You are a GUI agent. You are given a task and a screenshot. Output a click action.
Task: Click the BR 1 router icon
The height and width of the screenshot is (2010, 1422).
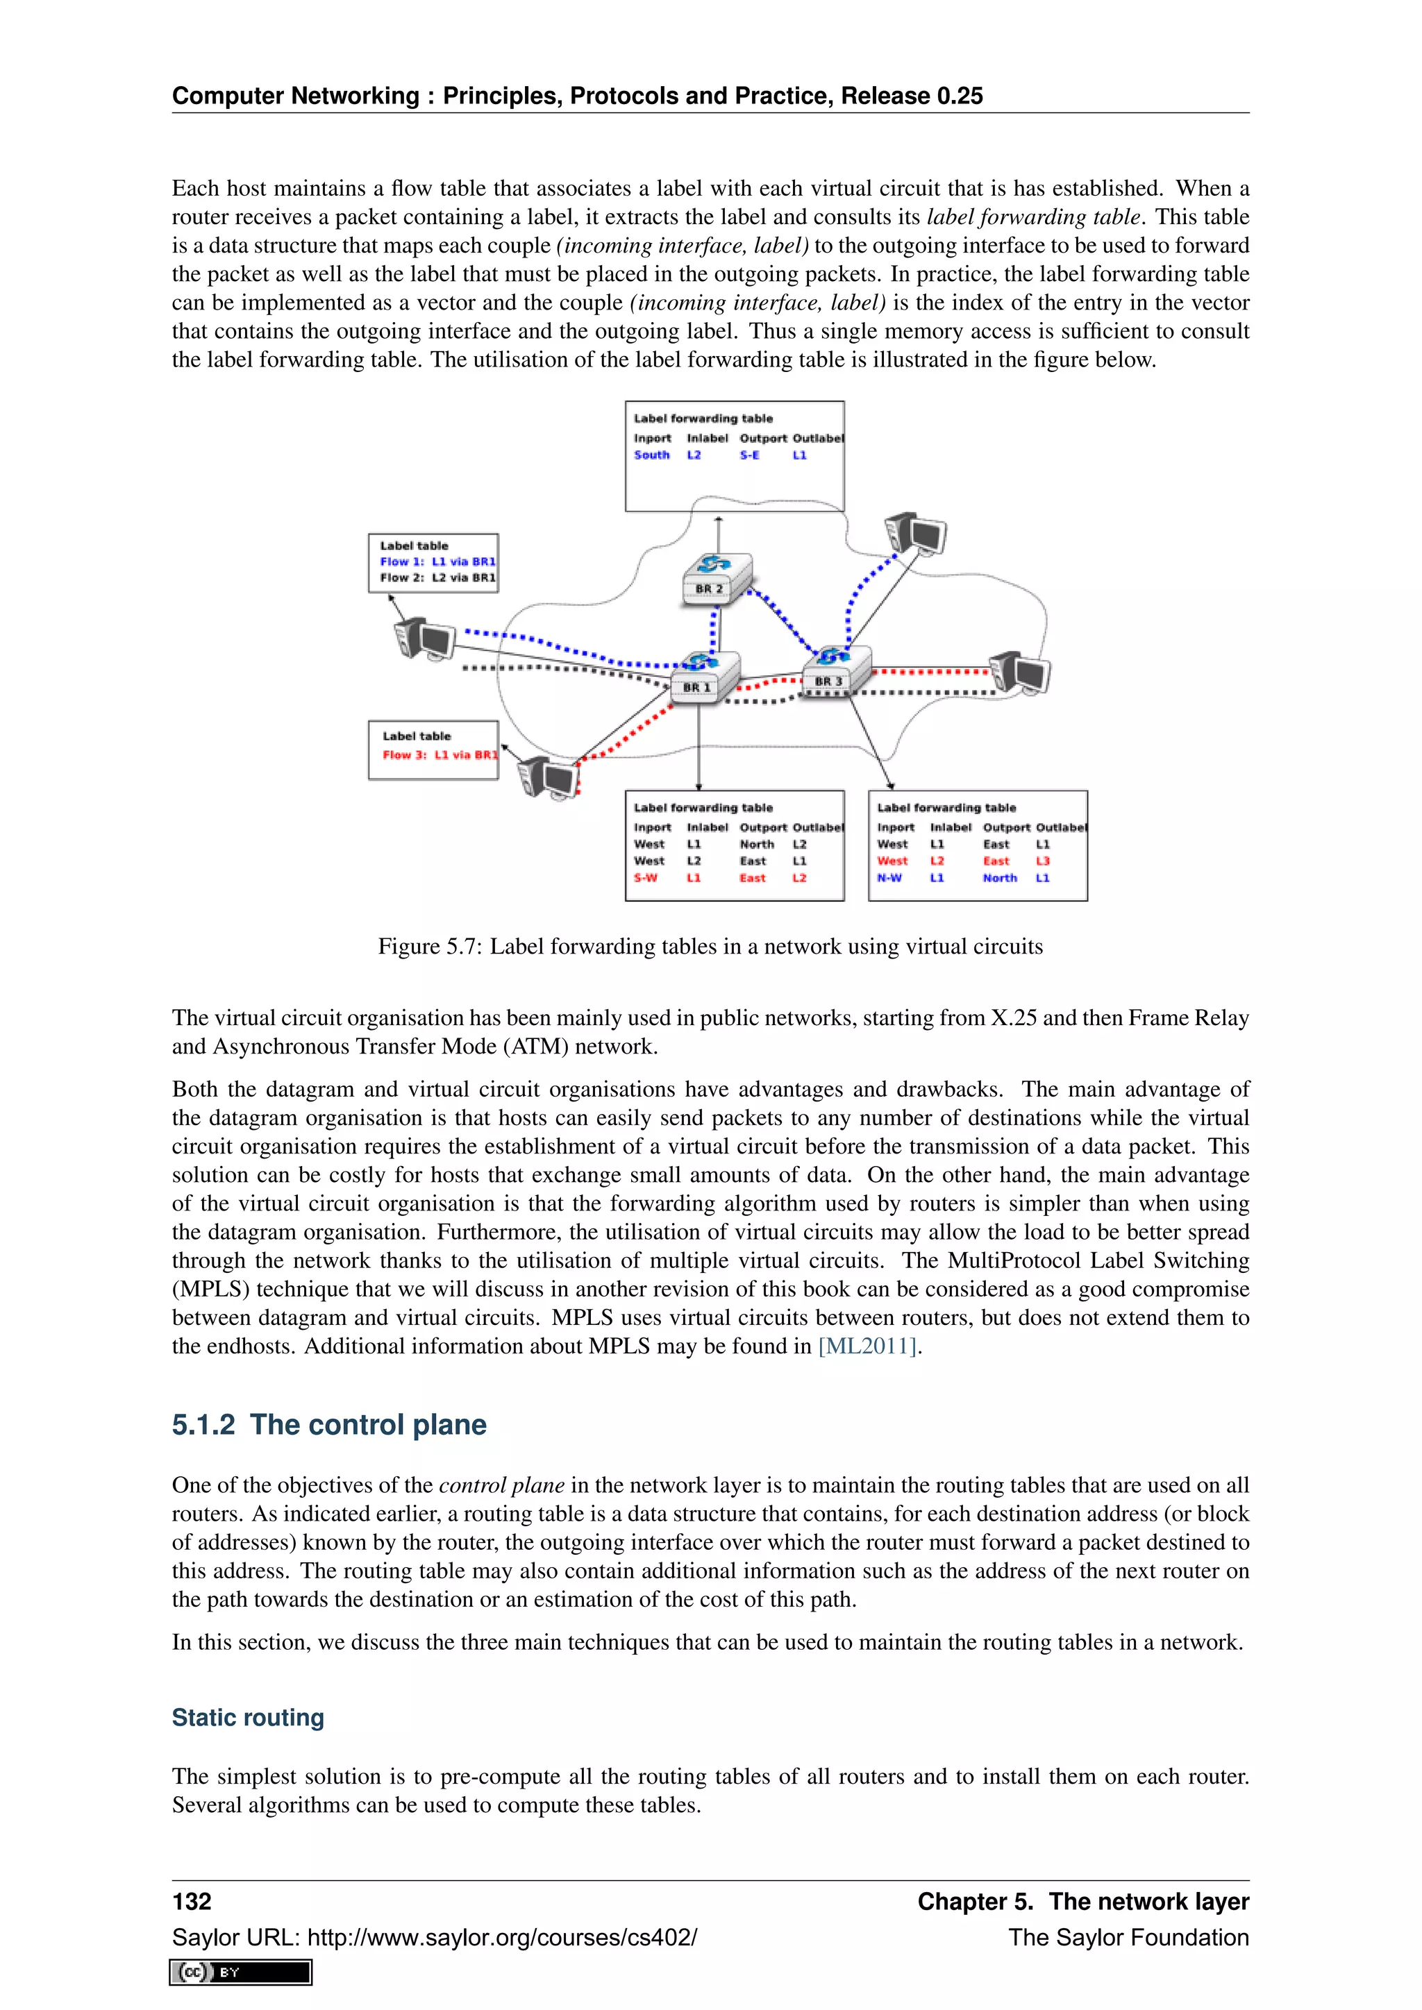click(704, 676)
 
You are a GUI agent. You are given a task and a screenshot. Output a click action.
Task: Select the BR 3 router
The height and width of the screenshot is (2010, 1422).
click(836, 670)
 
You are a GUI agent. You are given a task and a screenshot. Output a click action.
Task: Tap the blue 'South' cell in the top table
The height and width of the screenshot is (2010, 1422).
click(651, 455)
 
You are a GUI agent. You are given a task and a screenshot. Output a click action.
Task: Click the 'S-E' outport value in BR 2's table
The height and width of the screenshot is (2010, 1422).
click(749, 455)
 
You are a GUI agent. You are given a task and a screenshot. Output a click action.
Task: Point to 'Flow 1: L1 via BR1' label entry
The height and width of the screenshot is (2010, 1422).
click(437, 562)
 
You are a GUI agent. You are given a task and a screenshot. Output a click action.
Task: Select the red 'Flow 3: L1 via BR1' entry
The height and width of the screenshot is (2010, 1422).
click(440, 754)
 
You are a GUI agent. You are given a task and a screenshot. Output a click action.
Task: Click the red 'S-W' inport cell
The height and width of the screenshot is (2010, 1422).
click(646, 878)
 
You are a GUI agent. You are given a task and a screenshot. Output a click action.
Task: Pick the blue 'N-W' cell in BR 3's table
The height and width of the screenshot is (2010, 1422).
click(889, 878)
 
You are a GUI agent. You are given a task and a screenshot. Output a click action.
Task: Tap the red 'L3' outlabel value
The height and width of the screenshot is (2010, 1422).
click(1042, 861)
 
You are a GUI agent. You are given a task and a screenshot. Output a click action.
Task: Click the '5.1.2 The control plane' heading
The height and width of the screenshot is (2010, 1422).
click(328, 1424)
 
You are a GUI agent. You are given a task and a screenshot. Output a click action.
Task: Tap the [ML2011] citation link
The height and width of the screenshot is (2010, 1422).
click(867, 1346)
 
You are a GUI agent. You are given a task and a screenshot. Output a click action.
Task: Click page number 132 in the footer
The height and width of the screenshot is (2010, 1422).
click(192, 1900)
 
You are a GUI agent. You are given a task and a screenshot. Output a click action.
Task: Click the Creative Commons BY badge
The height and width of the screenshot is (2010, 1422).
click(241, 1973)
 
